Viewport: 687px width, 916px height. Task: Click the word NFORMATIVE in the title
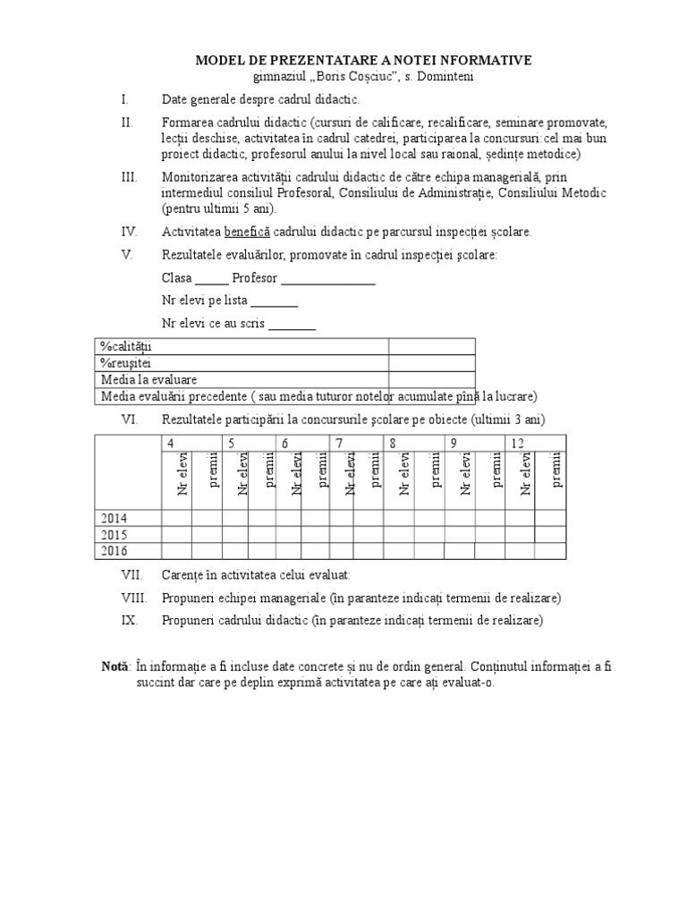pos(480,60)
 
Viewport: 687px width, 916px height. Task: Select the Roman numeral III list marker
pos(129,177)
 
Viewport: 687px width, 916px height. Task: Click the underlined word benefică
pos(250,232)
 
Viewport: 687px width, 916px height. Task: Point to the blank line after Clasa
pos(212,278)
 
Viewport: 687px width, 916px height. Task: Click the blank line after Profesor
pos(328,278)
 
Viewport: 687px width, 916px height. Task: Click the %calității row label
pos(127,347)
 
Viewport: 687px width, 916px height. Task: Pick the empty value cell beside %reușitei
pos(431,363)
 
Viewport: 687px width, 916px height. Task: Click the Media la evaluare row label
pos(149,379)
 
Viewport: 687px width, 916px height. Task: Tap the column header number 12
pos(517,444)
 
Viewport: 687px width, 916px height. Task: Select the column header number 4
pos(169,444)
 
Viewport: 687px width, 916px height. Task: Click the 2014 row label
pos(114,518)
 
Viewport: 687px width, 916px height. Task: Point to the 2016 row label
pos(114,550)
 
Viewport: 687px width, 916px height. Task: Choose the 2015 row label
pos(114,534)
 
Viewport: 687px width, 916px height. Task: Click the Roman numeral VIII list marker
pos(132,598)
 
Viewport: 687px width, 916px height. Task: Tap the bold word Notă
pos(115,666)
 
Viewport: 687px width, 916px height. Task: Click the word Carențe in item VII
pos(182,574)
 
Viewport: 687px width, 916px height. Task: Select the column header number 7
pos(339,444)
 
